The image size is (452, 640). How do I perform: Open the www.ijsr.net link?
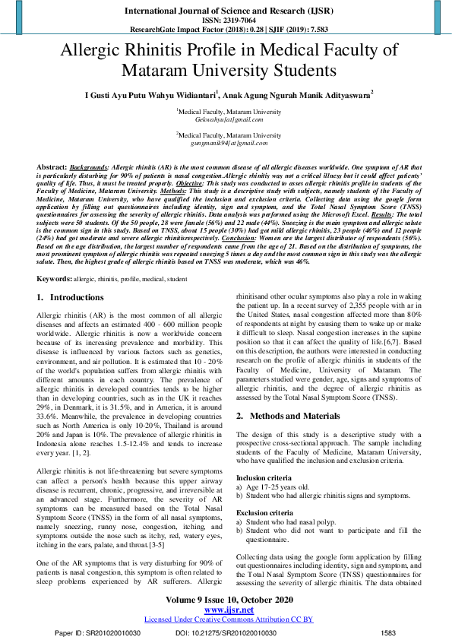coord(229,610)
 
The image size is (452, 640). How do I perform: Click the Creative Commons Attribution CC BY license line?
coord(229,619)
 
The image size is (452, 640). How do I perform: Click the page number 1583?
coord(388,632)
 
